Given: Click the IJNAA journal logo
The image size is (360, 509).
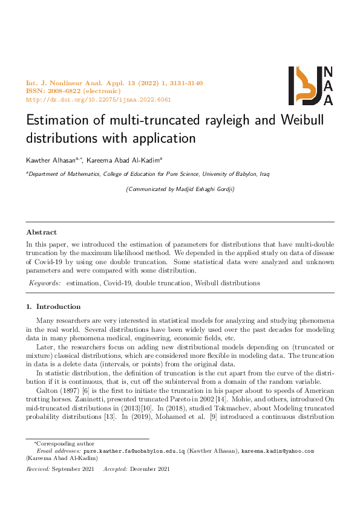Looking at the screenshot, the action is click(310, 85).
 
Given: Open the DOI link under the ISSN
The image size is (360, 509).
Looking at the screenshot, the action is click(99, 100).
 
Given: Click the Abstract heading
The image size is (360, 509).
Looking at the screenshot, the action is click(41, 232).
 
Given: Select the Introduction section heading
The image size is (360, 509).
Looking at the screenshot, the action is click(58, 306).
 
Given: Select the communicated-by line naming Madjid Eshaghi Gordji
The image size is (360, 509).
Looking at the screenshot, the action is click(179, 189).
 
